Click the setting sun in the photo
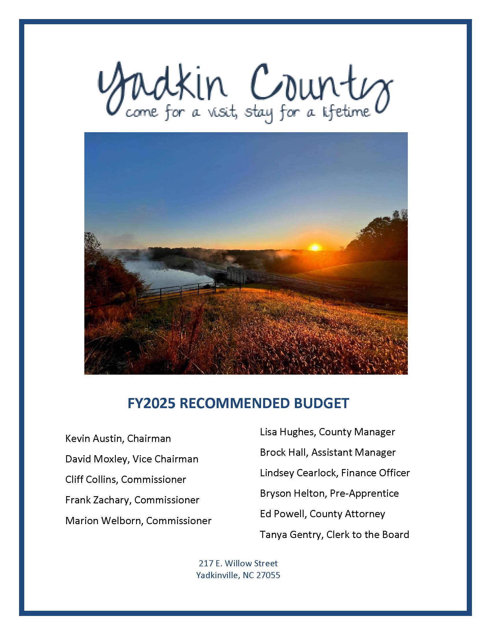pos(315,247)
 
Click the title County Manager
pos(357,432)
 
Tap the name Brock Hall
pos(284,452)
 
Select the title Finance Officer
pos(375,473)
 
